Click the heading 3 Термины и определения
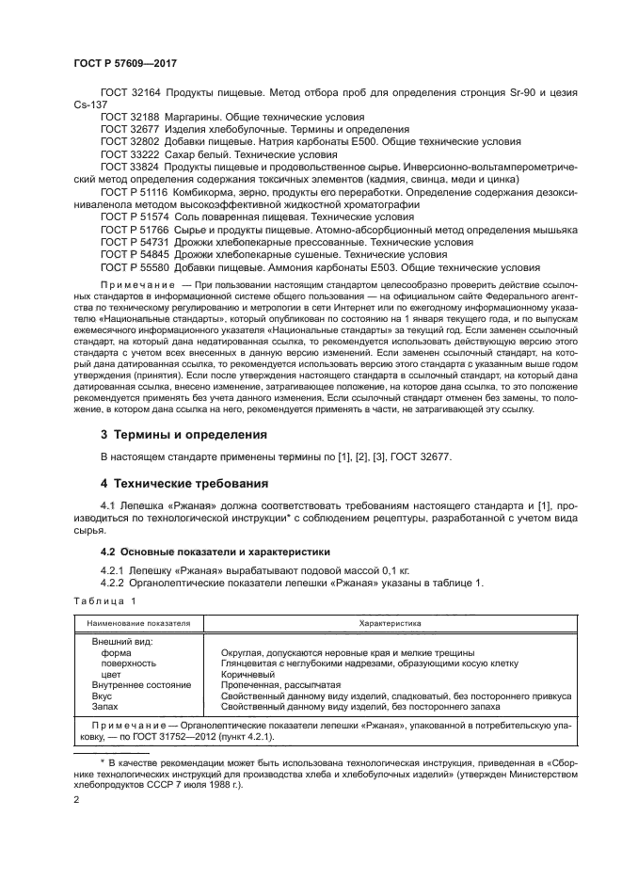tap(183, 434)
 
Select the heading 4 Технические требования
tap(186, 483)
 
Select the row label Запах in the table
tap(106, 707)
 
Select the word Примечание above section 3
tap(136, 283)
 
